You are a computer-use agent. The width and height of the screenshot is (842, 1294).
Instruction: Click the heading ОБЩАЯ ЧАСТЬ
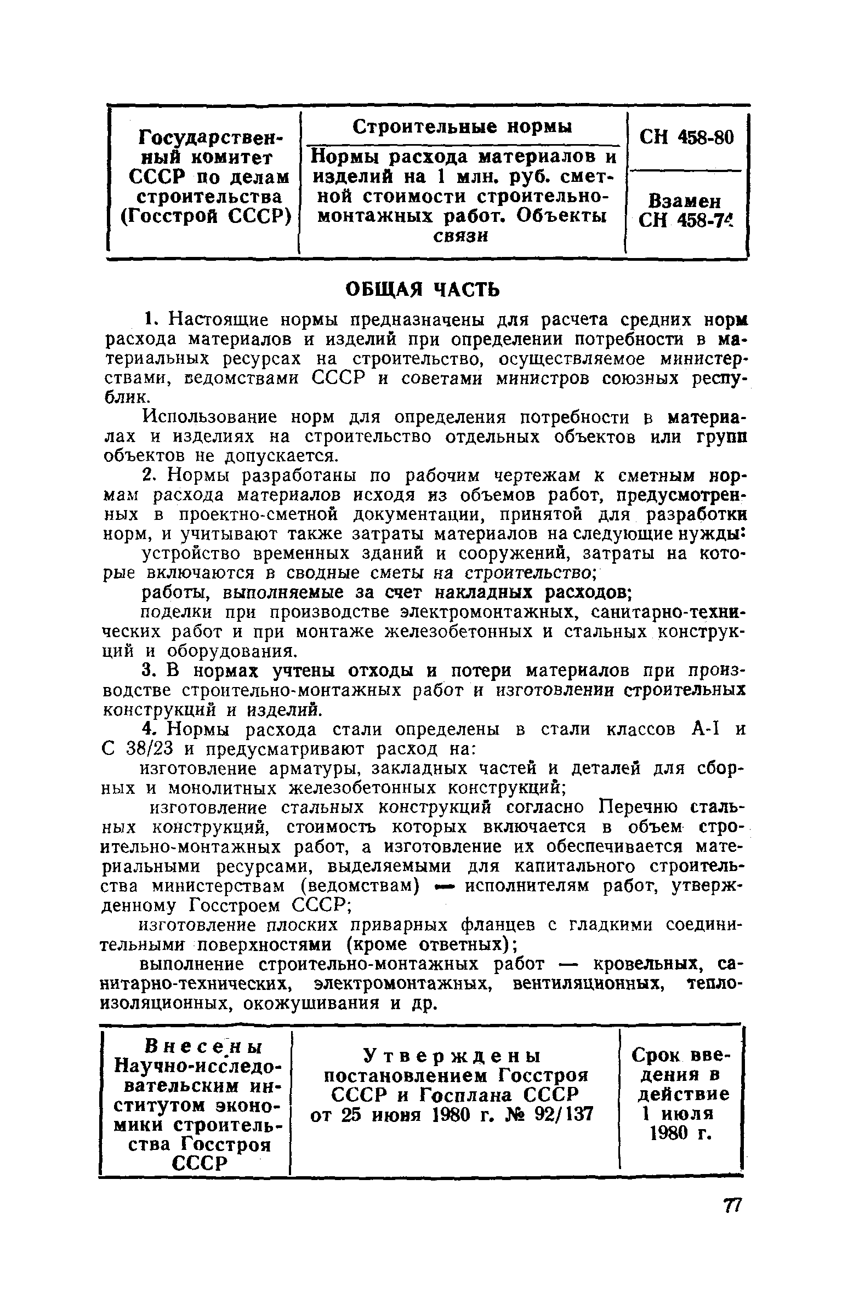[x=423, y=289]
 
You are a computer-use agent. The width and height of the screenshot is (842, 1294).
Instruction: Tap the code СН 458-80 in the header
[x=686, y=137]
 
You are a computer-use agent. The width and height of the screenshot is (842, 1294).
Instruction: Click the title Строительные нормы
[x=462, y=127]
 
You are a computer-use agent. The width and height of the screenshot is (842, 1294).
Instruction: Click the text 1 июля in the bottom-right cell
[x=679, y=1114]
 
